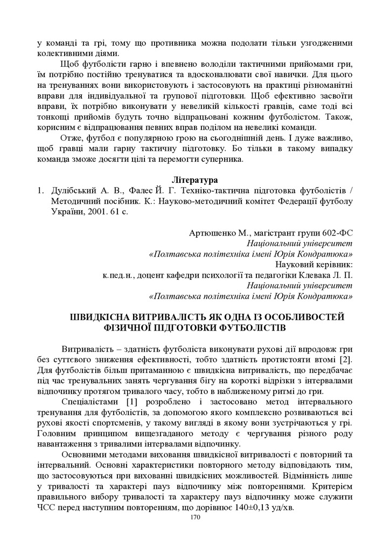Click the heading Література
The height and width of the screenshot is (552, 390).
pyautogui.click(x=194, y=179)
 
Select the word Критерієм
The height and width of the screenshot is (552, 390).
pyautogui.click(x=329, y=487)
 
